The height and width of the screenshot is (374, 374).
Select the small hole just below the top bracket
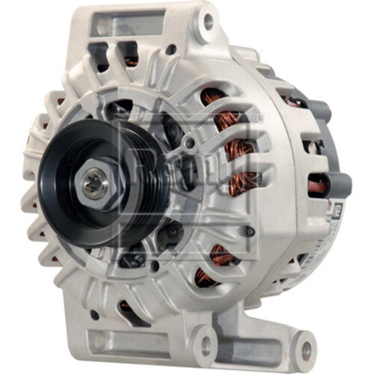171,50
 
